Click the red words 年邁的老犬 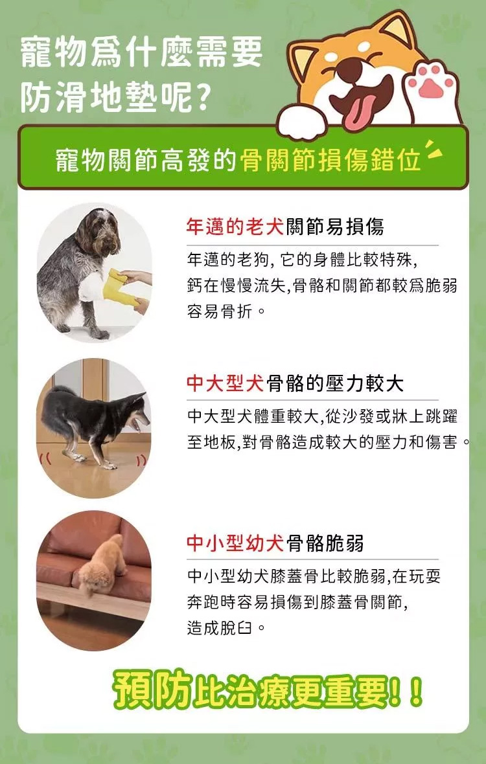(235, 227)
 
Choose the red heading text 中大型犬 (226, 384)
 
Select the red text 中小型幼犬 (235, 543)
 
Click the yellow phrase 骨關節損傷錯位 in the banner (330, 161)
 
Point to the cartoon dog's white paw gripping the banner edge (302, 121)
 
